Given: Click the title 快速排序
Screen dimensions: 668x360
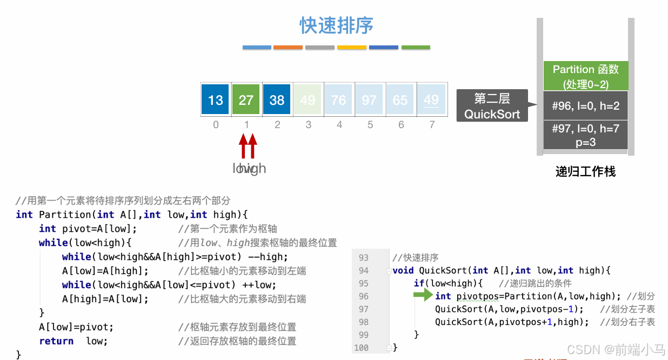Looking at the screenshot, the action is pyautogui.click(x=337, y=25).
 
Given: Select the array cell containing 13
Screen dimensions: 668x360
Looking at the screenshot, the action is pyautogui.click(x=215, y=99).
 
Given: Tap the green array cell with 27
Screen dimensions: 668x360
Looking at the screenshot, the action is pyautogui.click(x=246, y=99).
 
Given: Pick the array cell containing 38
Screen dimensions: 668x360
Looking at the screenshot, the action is pyautogui.click(x=277, y=99).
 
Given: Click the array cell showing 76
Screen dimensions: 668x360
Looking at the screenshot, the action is pyautogui.click(x=338, y=99).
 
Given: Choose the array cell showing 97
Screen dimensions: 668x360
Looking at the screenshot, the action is pyautogui.click(x=369, y=99).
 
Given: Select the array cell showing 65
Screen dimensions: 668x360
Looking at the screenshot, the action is pyautogui.click(x=400, y=99).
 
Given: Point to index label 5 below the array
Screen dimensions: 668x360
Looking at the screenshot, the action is pyautogui.click(x=370, y=125).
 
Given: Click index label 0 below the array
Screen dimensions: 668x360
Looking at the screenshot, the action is pyautogui.click(x=216, y=125).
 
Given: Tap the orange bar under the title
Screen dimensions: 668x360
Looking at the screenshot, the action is pyautogui.click(x=288, y=48).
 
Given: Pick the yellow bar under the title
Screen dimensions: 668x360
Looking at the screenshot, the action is pyautogui.click(x=351, y=48).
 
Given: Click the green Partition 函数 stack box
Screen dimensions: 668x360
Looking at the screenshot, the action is pyautogui.click(x=585, y=76).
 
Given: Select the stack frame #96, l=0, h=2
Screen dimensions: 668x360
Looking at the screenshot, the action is pyautogui.click(x=585, y=106).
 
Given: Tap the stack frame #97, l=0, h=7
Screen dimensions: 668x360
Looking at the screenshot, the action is pyautogui.click(x=585, y=135).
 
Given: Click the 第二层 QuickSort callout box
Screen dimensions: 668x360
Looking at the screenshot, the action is pyautogui.click(x=492, y=106).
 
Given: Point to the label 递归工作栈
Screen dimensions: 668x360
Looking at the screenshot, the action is pyautogui.click(x=585, y=172).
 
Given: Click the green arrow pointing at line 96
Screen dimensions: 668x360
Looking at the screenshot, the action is pyautogui.click(x=423, y=295).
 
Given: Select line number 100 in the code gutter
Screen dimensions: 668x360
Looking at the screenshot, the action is pyautogui.click(x=361, y=348).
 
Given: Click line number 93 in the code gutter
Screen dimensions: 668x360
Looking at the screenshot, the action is pyautogui.click(x=363, y=257).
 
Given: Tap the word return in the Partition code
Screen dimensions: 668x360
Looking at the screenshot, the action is pyautogui.click(x=56, y=341).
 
